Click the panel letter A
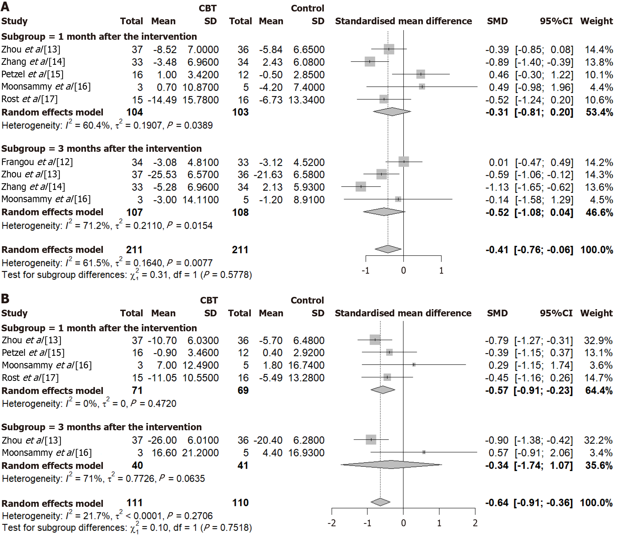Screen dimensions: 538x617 point(5,7)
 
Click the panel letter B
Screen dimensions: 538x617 point(5,298)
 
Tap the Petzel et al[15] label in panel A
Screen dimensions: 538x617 point(33,74)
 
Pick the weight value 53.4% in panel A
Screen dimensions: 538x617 point(599,112)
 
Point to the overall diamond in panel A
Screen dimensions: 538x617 point(388,249)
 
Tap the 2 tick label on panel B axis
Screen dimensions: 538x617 point(475,523)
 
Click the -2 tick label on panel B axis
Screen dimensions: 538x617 point(332,523)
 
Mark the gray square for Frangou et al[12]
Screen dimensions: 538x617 point(404,162)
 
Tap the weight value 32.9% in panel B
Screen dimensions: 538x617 point(598,340)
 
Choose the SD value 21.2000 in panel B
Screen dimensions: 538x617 point(200,453)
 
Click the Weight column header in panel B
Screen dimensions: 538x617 point(596,313)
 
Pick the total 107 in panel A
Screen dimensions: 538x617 point(134,212)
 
